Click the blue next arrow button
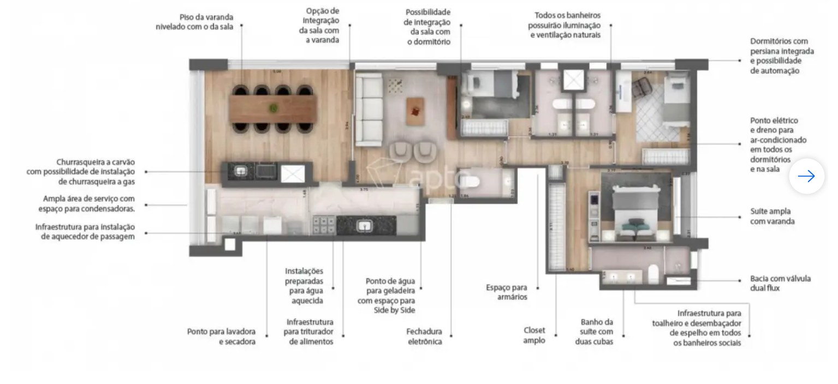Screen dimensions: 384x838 point(806,176)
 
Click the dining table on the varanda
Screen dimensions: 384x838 point(272,109)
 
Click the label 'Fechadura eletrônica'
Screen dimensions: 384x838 point(424,337)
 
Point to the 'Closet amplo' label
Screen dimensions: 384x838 point(534,335)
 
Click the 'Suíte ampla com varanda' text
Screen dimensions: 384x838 point(772,216)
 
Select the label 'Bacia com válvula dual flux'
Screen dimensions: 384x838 point(780,283)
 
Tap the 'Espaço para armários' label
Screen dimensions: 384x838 point(507,292)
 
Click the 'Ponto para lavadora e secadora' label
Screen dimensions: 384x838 point(221,337)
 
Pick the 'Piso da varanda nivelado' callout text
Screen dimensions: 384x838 point(194,22)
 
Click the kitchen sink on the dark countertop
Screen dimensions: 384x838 point(364,226)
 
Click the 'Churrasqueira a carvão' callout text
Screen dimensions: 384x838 point(81,172)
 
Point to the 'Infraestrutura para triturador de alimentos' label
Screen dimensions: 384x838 point(310,332)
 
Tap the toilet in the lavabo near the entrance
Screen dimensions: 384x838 point(471,182)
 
